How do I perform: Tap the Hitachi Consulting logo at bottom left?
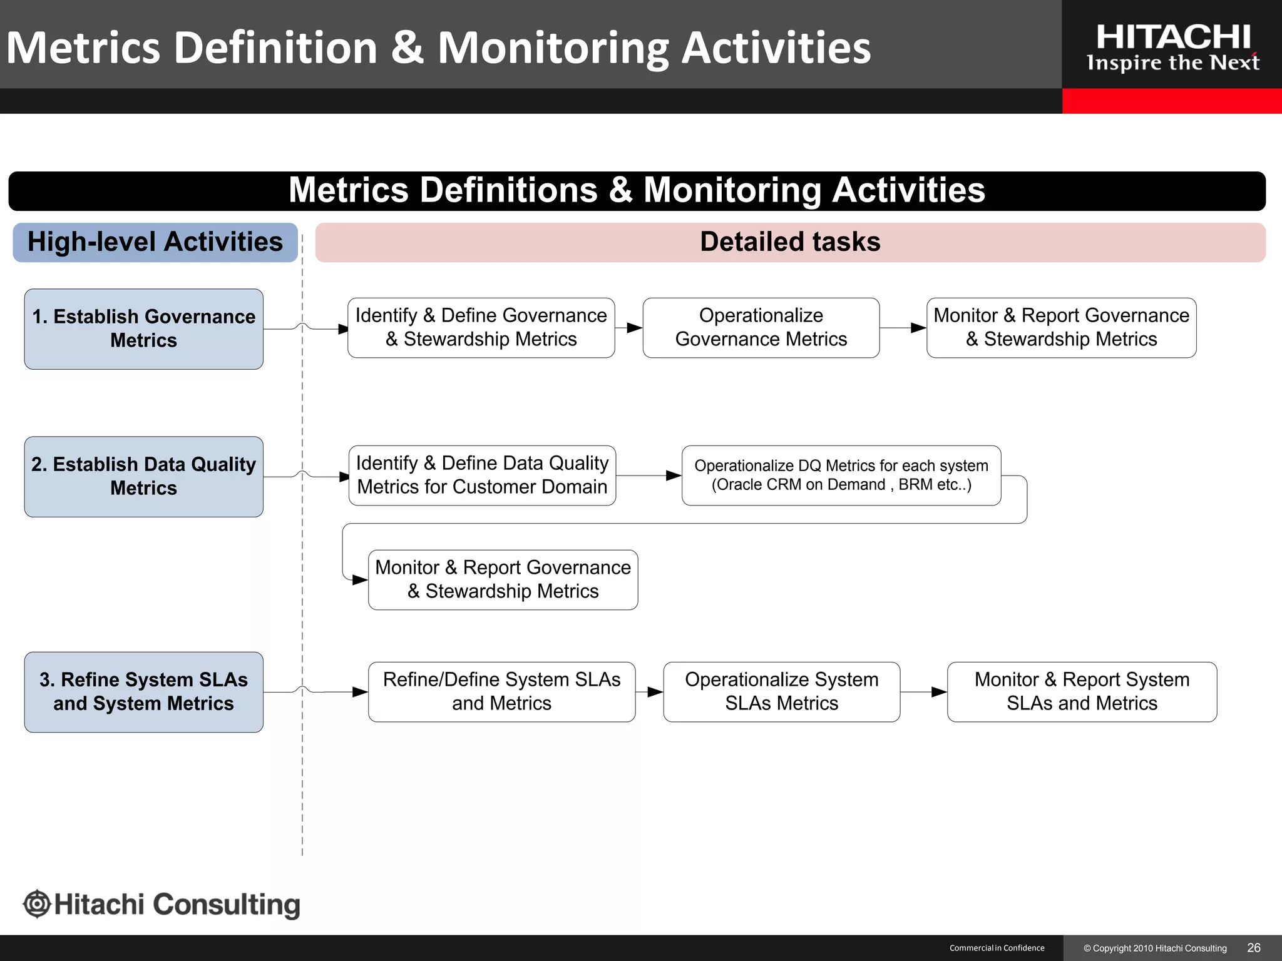[162, 905]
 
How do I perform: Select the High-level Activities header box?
[155, 242]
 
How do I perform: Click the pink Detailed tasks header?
[790, 242]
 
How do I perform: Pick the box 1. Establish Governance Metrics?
[143, 329]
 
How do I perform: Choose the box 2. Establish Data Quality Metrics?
[143, 477]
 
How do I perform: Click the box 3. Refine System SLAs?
[143, 692]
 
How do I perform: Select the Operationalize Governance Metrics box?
[761, 328]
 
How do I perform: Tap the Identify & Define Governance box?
[481, 328]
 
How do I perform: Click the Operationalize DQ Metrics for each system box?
[841, 475]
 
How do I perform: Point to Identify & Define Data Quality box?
[482, 475]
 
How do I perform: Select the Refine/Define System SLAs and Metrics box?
[501, 692]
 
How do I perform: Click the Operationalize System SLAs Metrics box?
[781, 692]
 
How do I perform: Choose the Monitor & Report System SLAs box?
[1082, 692]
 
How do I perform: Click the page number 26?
[1253, 948]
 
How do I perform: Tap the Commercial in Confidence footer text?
[997, 948]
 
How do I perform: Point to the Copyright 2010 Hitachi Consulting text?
[1155, 948]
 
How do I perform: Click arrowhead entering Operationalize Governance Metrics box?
[635, 328]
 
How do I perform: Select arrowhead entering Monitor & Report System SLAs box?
[939, 692]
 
